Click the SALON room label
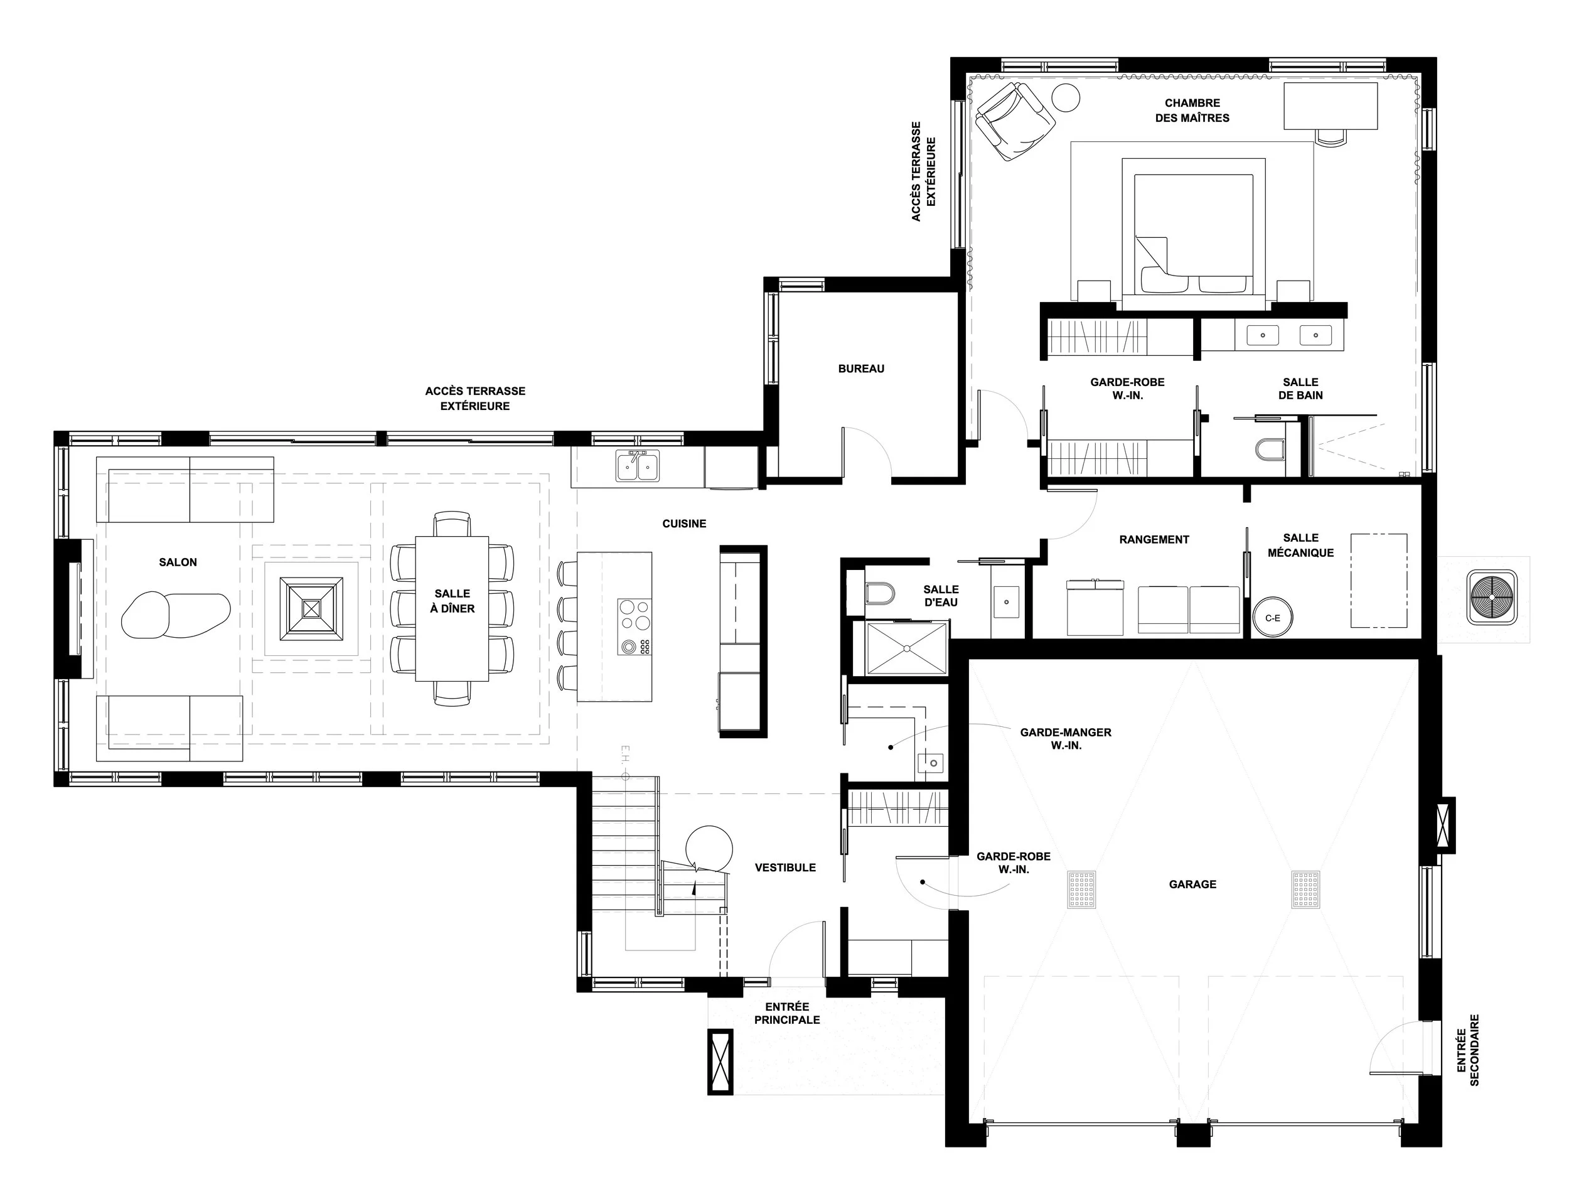(178, 562)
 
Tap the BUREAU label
(861, 369)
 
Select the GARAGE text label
(1192, 884)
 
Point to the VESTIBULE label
(785, 867)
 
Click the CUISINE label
(685, 524)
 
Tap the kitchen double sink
(638, 466)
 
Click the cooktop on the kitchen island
(634, 626)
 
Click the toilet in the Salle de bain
(1270, 448)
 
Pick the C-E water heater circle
(1273, 618)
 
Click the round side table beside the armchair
(1064, 97)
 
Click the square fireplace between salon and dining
(311, 609)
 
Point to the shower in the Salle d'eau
(906, 648)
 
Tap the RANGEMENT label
(1154, 539)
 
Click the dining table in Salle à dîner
(452, 609)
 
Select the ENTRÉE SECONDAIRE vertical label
(1469, 1050)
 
